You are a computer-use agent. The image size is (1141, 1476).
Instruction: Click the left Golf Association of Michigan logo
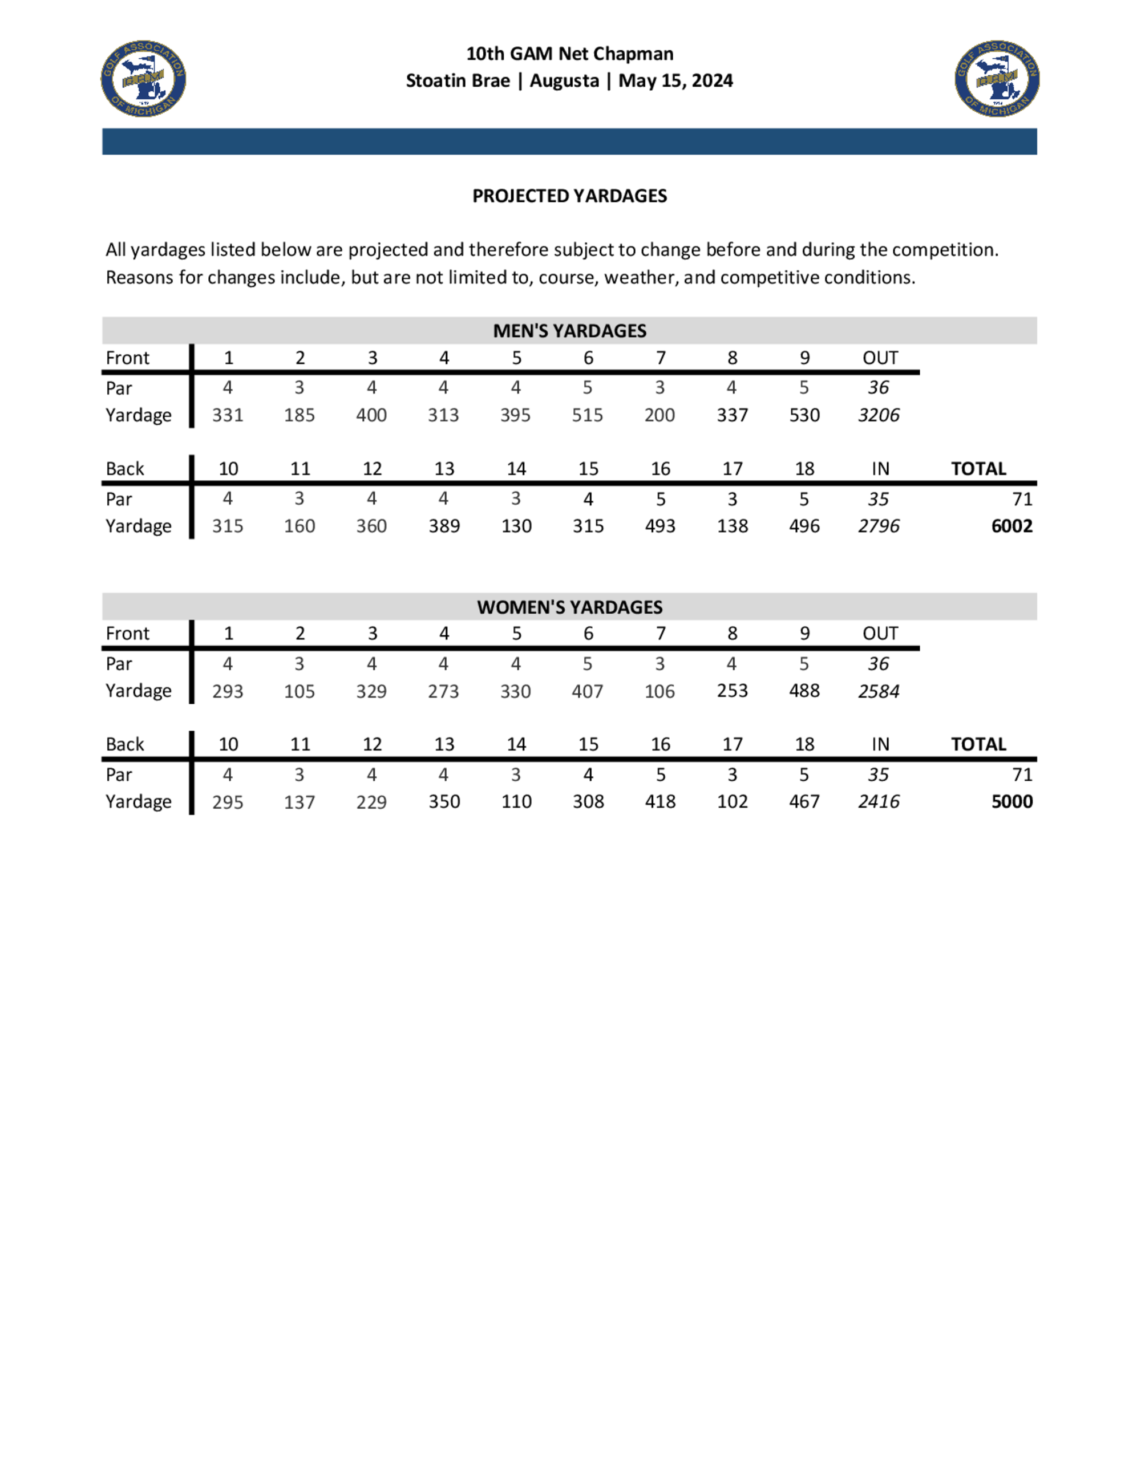pyautogui.click(x=143, y=78)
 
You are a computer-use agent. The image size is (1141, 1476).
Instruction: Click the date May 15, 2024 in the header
pyautogui.click(x=675, y=80)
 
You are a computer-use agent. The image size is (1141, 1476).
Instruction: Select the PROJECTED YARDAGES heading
pyautogui.click(x=569, y=196)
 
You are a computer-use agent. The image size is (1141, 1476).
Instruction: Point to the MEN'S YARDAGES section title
pyautogui.click(x=569, y=330)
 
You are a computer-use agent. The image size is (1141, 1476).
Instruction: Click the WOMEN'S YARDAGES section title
pyautogui.click(x=569, y=607)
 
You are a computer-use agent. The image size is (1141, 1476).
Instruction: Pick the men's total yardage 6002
pyautogui.click(x=1011, y=526)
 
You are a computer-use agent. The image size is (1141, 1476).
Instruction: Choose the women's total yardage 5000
pyautogui.click(x=1011, y=801)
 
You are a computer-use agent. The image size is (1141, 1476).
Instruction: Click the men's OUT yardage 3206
pyautogui.click(x=878, y=415)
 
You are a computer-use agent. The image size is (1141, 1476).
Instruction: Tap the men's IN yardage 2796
pyautogui.click(x=878, y=526)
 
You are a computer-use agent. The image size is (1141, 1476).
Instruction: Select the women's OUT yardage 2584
pyautogui.click(x=878, y=691)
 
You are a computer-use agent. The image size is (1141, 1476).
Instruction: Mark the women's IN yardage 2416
pyautogui.click(x=878, y=801)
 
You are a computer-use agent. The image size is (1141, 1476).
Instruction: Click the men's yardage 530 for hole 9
pyautogui.click(x=804, y=415)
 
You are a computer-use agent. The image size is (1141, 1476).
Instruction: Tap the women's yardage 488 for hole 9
pyautogui.click(x=804, y=691)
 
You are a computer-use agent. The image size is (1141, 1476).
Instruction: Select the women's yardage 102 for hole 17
pyautogui.click(x=732, y=801)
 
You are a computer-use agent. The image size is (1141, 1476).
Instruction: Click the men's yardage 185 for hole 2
pyautogui.click(x=299, y=415)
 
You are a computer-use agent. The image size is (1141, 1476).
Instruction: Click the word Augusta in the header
pyautogui.click(x=564, y=80)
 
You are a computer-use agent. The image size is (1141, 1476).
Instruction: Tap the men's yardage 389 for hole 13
pyautogui.click(x=443, y=526)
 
